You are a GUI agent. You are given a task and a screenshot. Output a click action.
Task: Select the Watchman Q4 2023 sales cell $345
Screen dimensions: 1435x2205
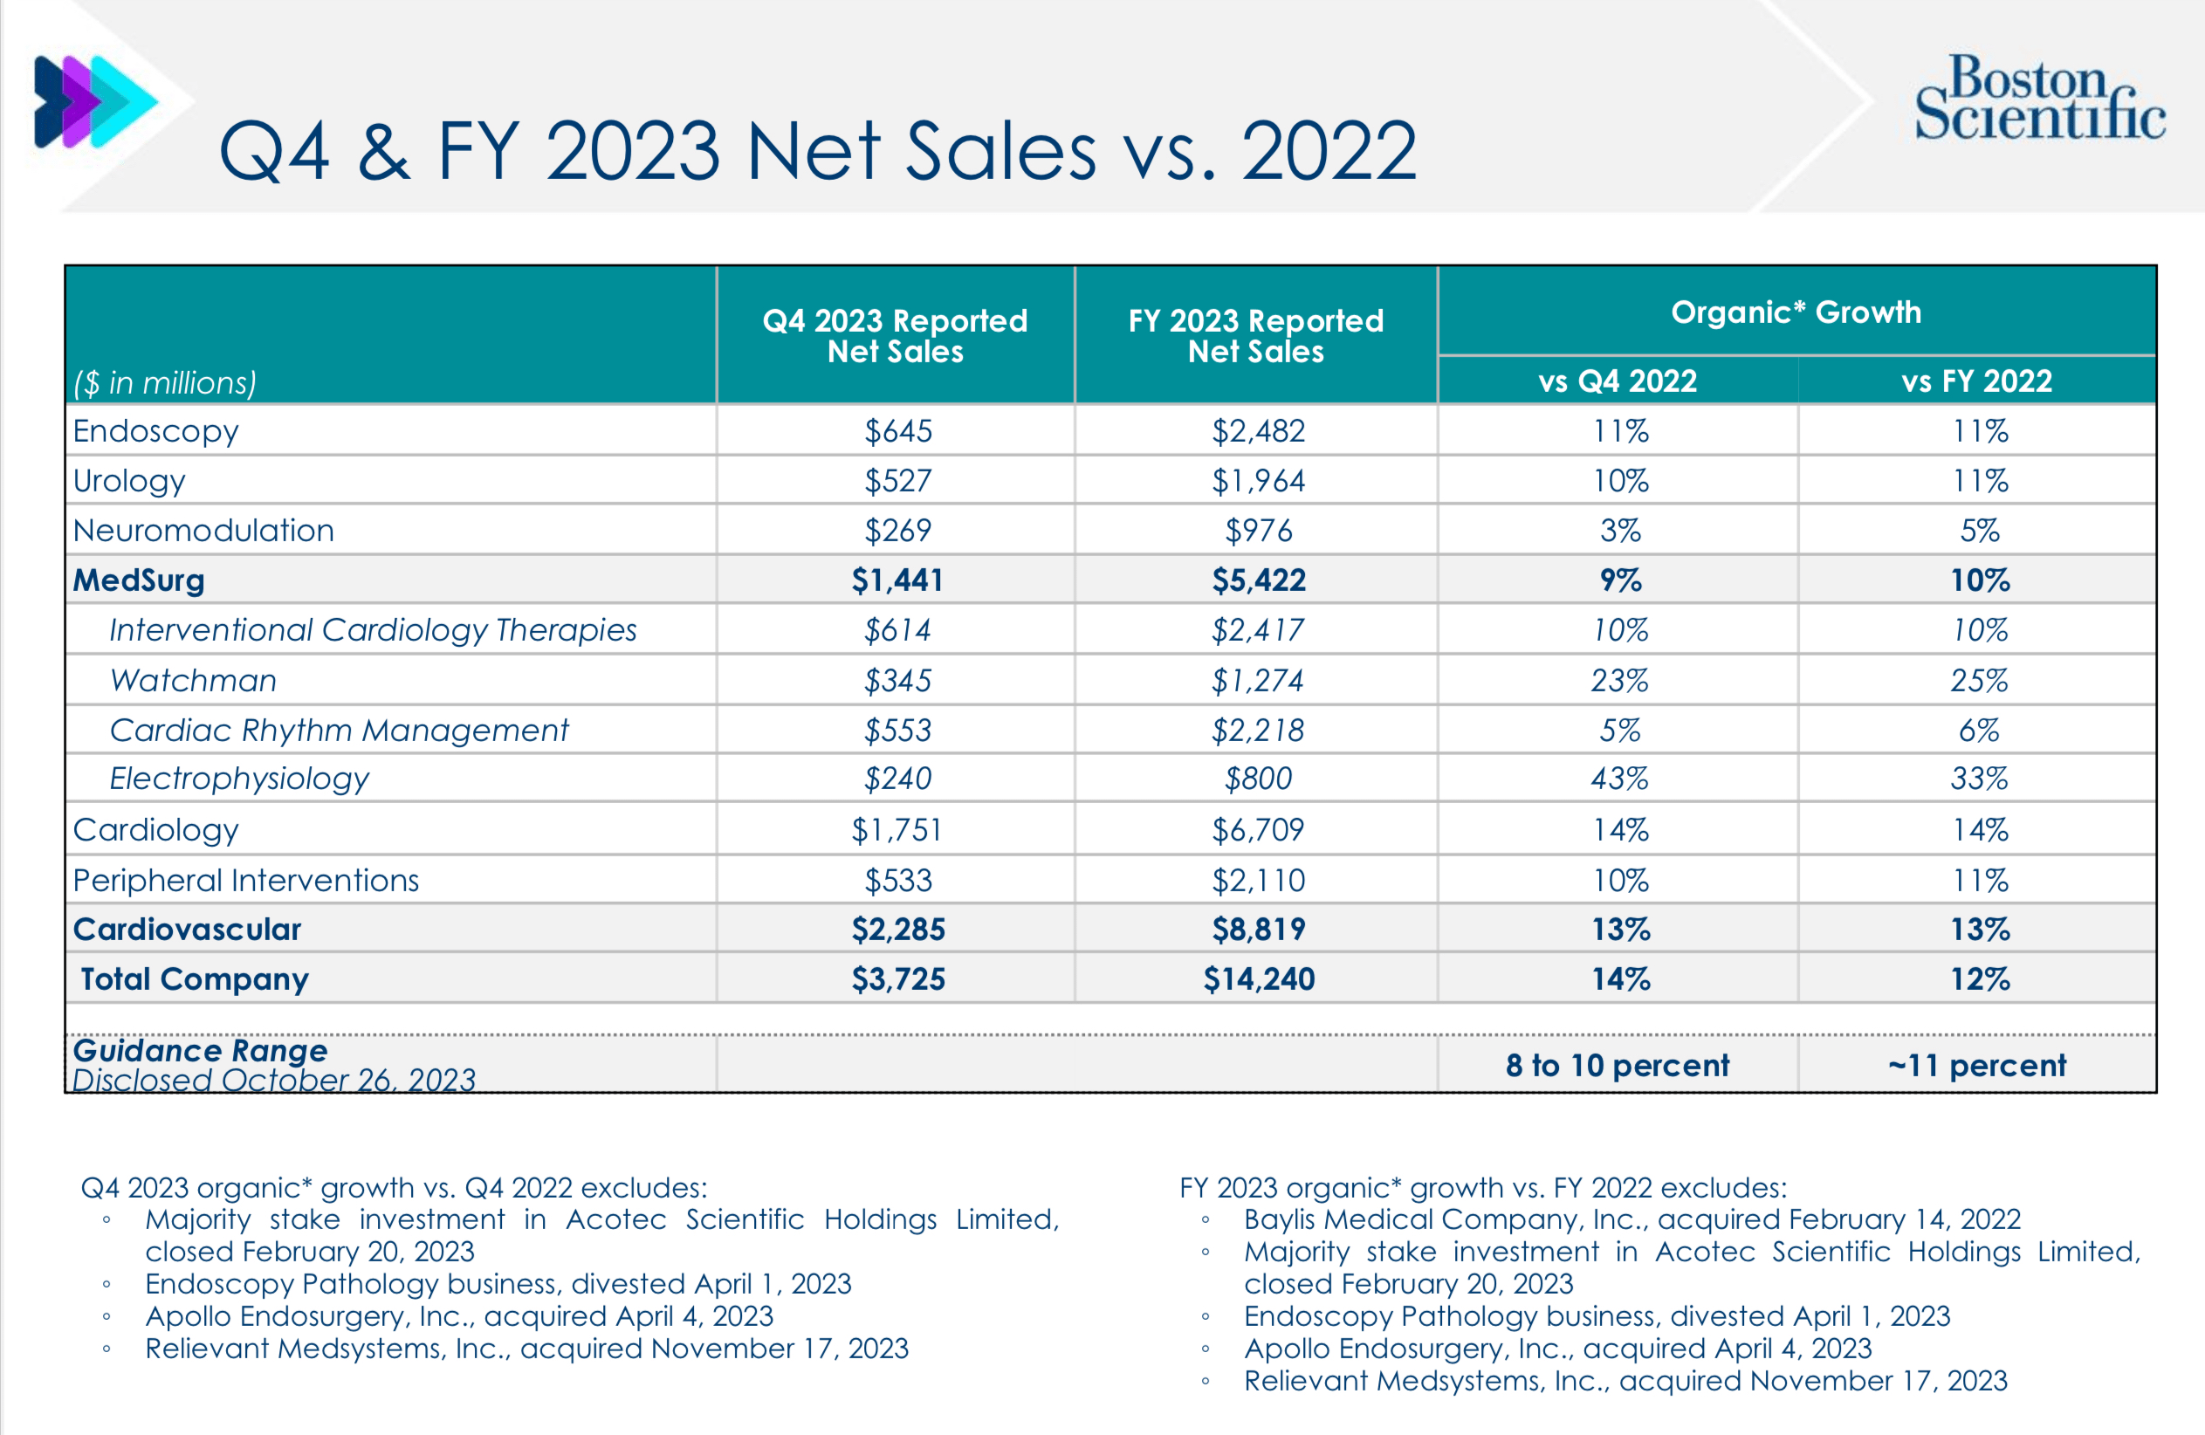(896, 681)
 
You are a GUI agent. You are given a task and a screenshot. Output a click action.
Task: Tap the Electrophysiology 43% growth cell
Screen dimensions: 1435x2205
(1618, 779)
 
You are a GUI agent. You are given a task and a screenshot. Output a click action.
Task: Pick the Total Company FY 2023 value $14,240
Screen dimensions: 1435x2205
(1258, 979)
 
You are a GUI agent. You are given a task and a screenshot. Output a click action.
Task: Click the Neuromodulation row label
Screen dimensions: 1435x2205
(203, 531)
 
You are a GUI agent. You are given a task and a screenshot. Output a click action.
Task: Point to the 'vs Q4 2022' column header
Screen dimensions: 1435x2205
(1617, 381)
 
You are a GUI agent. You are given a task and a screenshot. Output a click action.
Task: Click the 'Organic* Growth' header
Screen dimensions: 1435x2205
(1796, 312)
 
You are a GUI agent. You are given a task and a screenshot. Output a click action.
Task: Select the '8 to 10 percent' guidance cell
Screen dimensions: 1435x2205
(1617, 1066)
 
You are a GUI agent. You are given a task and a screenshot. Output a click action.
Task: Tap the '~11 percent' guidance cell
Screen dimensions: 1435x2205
(1976, 1066)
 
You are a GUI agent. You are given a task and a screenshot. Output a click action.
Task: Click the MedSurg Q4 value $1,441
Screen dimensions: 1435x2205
(896, 580)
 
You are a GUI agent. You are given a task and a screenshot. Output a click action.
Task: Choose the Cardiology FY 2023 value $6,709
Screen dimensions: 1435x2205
(1258, 830)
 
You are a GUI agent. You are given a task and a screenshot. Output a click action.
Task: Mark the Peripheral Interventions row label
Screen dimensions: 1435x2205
(245, 880)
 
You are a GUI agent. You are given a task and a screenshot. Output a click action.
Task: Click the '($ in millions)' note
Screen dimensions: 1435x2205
(165, 382)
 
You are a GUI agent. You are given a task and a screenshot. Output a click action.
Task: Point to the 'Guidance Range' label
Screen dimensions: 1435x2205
(200, 1051)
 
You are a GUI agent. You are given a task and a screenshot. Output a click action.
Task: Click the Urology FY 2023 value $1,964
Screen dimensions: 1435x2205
(1258, 481)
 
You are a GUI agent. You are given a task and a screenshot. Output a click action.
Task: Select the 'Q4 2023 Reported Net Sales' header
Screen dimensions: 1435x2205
(895, 335)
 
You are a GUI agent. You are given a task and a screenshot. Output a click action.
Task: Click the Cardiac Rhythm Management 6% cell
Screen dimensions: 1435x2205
(1978, 731)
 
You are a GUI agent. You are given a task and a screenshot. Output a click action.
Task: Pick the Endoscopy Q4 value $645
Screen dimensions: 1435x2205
(896, 432)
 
